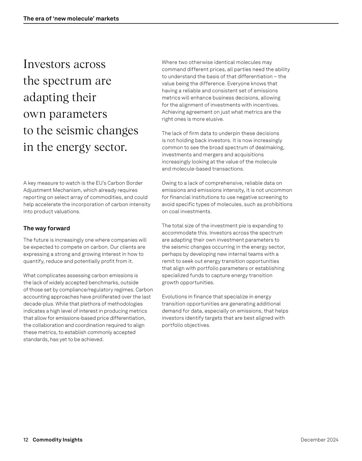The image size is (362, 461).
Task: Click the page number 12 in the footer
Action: click(26, 440)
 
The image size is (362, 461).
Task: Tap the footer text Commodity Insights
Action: click(57, 440)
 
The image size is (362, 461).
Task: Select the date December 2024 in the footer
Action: click(319, 440)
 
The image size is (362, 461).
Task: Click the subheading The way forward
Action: click(46, 228)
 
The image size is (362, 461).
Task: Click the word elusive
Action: click(215, 119)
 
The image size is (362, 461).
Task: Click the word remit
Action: click(168, 261)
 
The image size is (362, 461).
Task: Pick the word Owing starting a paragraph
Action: click(169, 183)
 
